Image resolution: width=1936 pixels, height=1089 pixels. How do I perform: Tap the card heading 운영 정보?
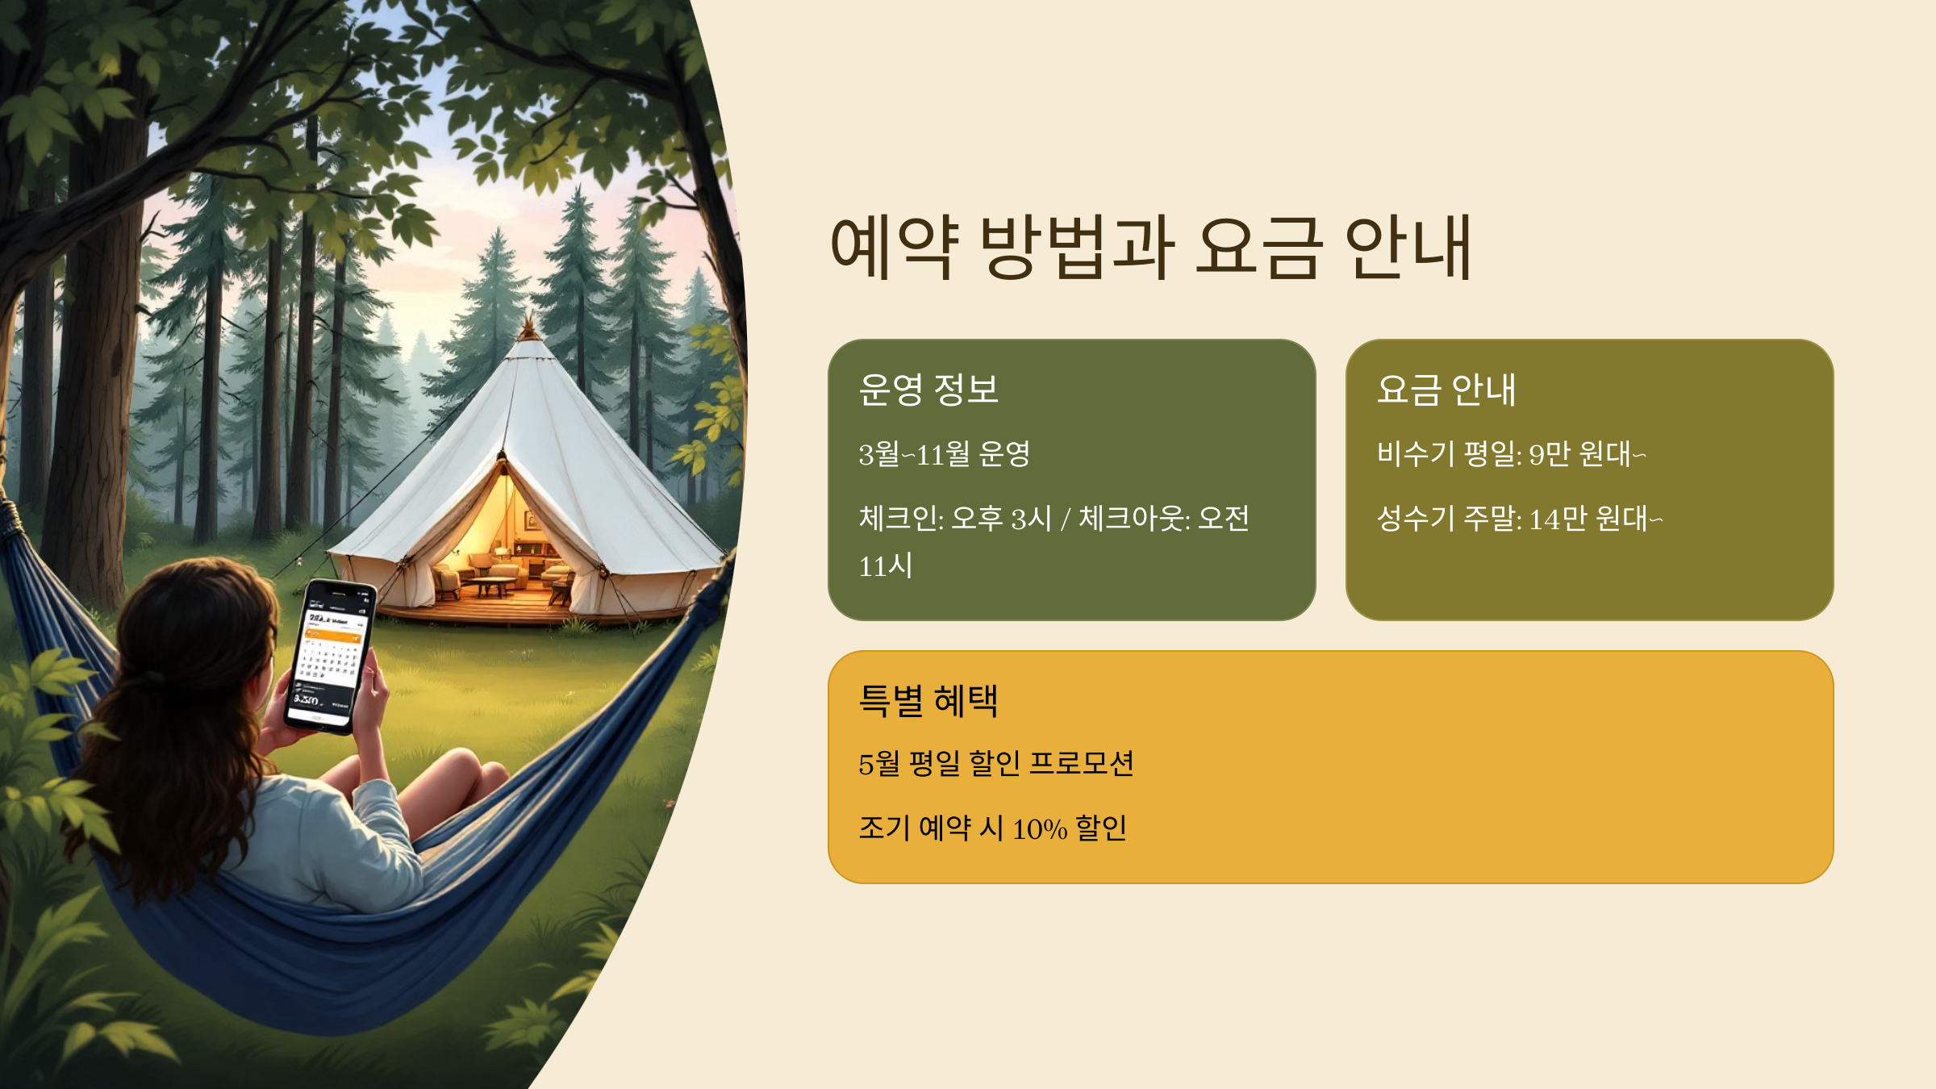928,390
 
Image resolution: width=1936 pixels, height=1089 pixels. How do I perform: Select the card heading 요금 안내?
1446,390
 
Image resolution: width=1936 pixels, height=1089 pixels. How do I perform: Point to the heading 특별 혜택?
928,700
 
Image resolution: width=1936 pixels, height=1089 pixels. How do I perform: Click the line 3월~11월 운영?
944,454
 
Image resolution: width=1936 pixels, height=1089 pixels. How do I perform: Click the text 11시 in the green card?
886,566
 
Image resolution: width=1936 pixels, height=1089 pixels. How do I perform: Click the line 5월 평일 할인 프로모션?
996,764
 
